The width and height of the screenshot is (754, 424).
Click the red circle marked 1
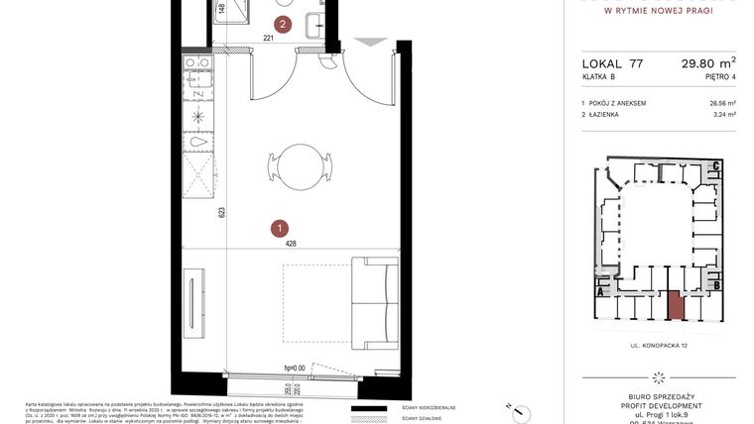click(x=281, y=228)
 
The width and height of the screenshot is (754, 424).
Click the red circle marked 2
click(x=284, y=24)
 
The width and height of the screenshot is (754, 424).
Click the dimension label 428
click(x=292, y=243)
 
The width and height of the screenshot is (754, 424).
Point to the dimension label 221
click(x=268, y=39)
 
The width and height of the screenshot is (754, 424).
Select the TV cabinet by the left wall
click(x=195, y=303)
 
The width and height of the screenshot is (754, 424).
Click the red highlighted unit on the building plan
click(x=675, y=304)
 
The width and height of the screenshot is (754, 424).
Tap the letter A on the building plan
click(x=600, y=291)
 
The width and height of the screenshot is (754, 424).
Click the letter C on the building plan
click(x=715, y=167)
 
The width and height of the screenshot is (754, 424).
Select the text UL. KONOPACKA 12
click(x=659, y=345)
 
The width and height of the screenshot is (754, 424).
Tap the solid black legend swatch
click(x=373, y=409)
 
